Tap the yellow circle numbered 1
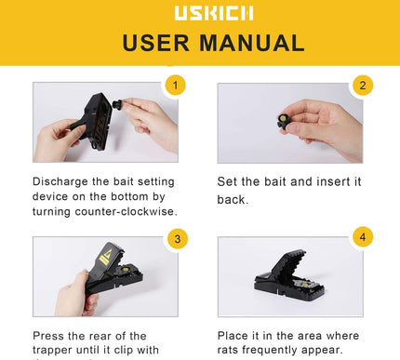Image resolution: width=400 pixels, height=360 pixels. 175,86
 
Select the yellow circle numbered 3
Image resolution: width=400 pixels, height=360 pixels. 175,238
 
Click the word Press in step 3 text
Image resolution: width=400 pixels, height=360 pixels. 51,336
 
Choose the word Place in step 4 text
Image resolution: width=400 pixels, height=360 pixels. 236,336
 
